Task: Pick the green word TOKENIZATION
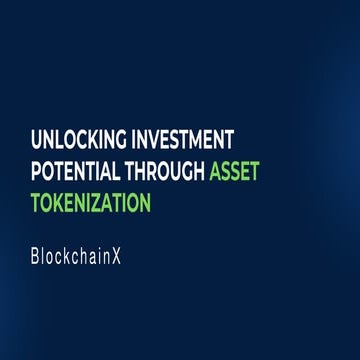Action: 90,202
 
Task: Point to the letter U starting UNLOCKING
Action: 36,138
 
